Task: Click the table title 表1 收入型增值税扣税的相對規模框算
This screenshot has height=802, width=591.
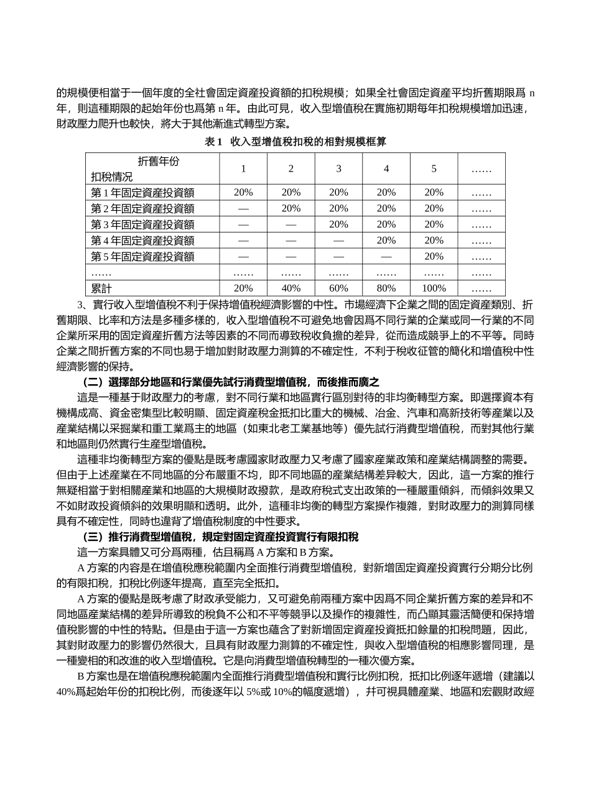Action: pyautogui.click(x=295, y=142)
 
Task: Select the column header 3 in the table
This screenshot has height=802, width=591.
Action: pyautogui.click(x=338, y=168)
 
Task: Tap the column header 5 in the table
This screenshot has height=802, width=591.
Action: pyautogui.click(x=434, y=168)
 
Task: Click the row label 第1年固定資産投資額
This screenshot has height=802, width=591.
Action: pyautogui.click(x=142, y=193)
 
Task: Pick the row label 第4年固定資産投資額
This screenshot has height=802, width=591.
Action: pyautogui.click(x=142, y=241)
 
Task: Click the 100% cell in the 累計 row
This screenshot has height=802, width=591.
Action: pyautogui.click(x=434, y=288)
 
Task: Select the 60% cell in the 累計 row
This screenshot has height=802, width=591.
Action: pyautogui.click(x=338, y=288)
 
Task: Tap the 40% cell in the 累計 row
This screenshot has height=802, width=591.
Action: pyautogui.click(x=291, y=288)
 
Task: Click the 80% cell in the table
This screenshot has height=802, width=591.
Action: pyautogui.click(x=386, y=288)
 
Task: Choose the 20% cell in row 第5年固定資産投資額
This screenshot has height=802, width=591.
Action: pyautogui.click(x=434, y=257)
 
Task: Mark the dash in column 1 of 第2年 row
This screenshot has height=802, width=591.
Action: pyautogui.click(x=243, y=209)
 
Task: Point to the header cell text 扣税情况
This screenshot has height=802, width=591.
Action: pyautogui.click(x=112, y=177)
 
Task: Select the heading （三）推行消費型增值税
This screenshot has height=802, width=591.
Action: pyautogui.click(x=220, y=537)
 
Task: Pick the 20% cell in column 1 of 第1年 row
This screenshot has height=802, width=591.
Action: pyautogui.click(x=243, y=193)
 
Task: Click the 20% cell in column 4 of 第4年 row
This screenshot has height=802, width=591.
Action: pyautogui.click(x=386, y=241)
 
